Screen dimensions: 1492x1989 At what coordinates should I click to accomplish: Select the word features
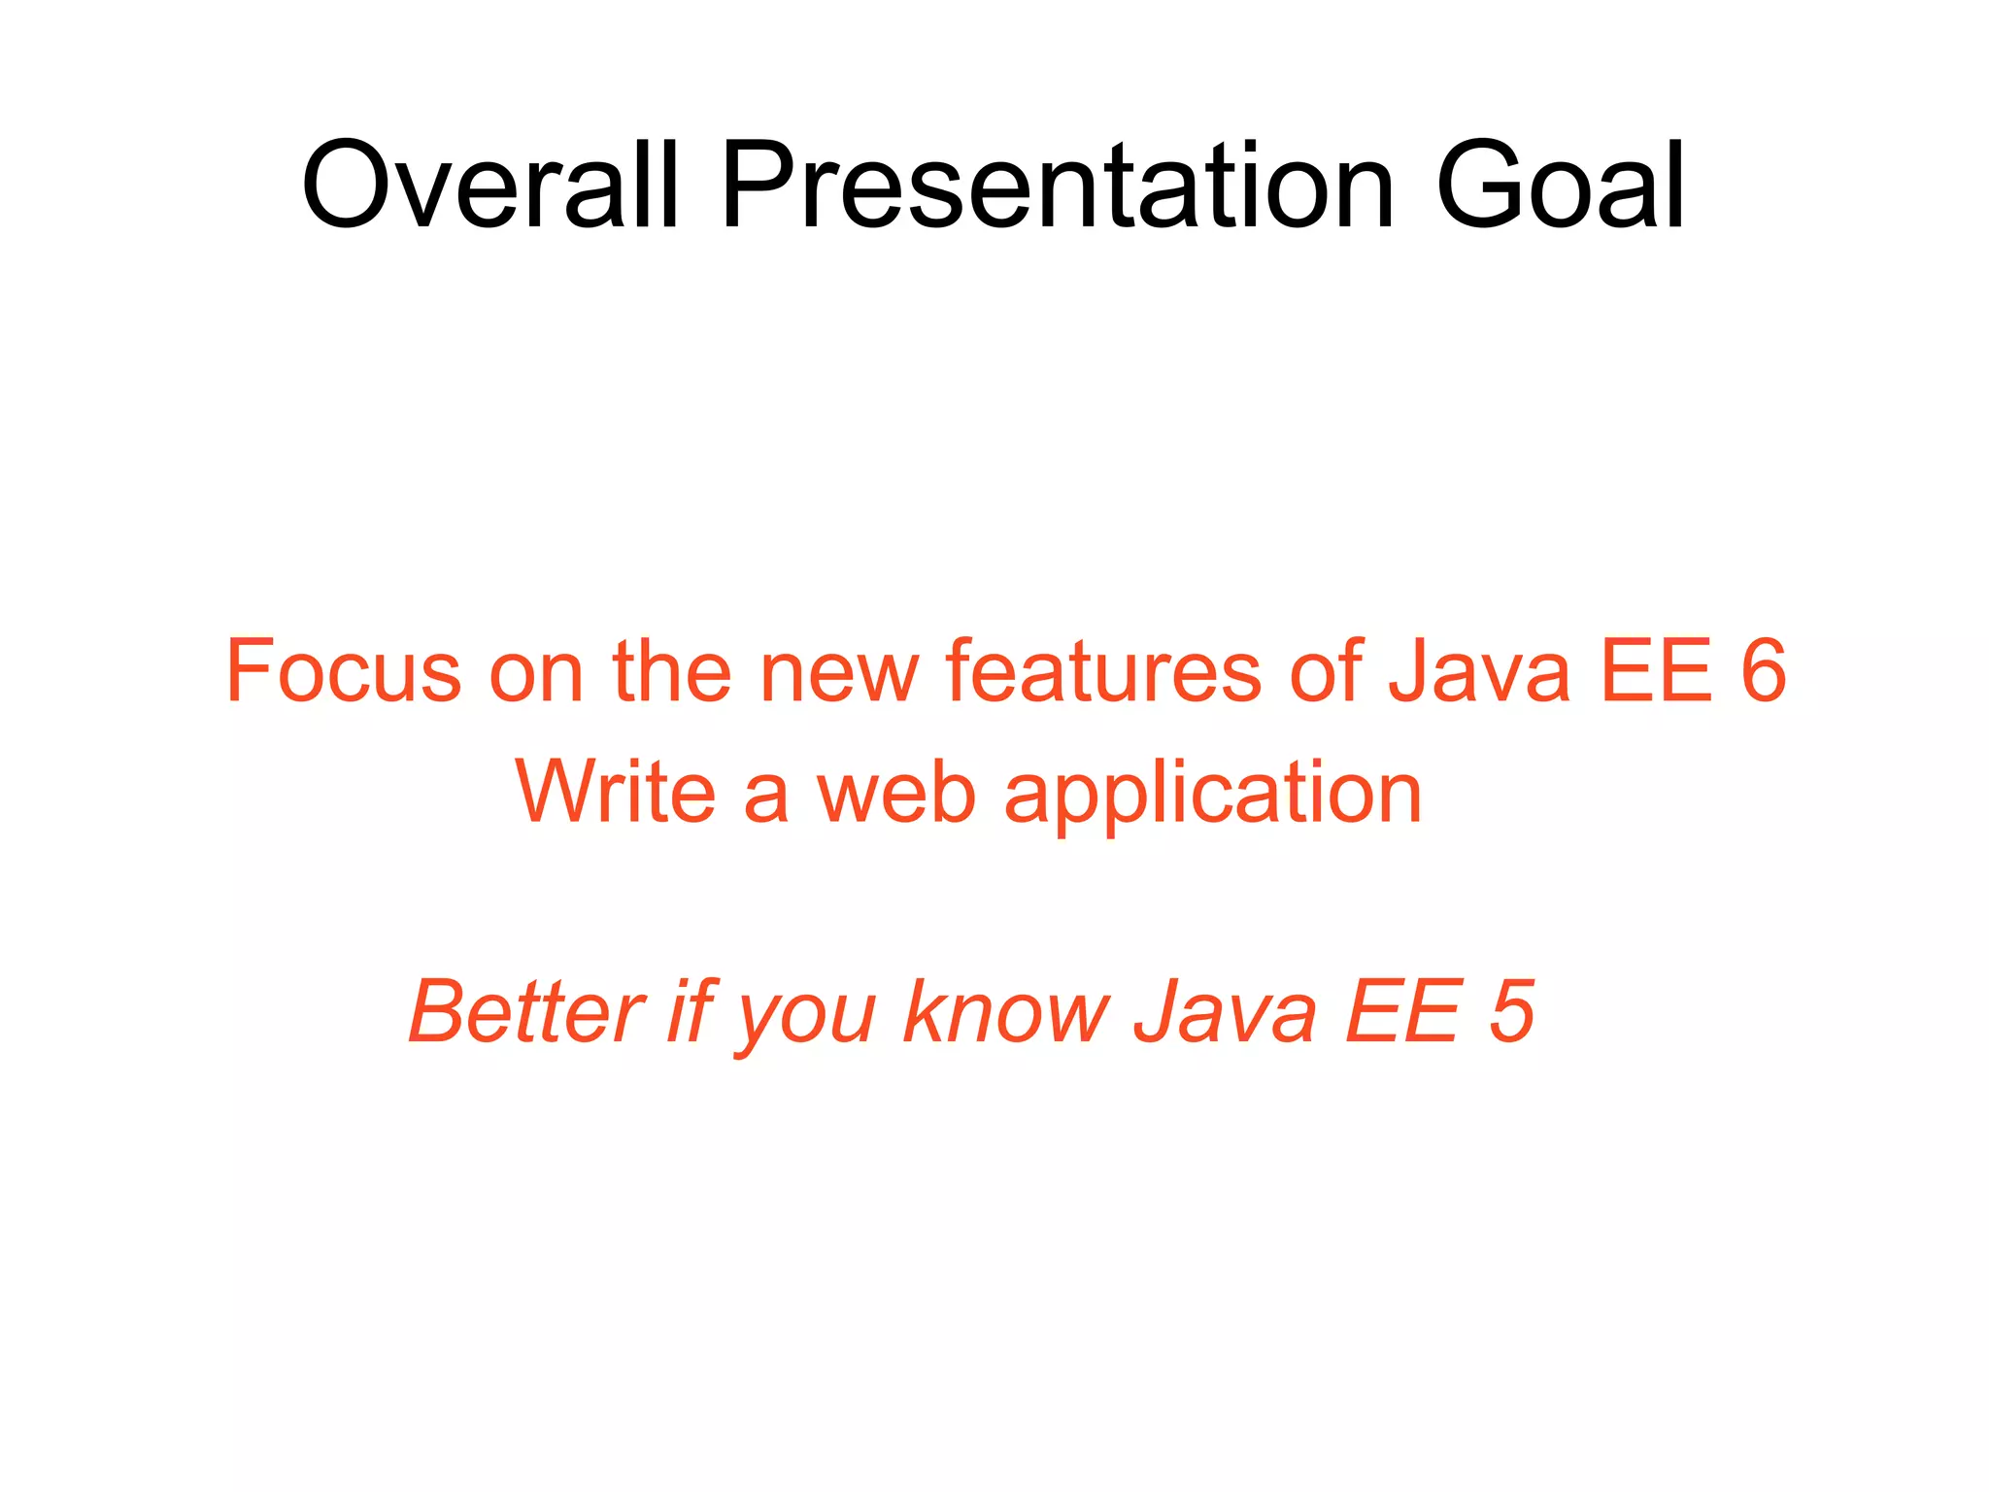(x=1102, y=671)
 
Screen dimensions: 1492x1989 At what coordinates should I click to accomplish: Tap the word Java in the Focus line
(x=1478, y=671)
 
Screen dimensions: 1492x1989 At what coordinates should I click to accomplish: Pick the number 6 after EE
(x=1762, y=671)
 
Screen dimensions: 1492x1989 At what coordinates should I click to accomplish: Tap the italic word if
(x=691, y=1012)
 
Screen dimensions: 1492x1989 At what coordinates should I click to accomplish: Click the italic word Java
(x=1226, y=1012)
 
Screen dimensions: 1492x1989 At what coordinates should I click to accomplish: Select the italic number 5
(x=1510, y=1012)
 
